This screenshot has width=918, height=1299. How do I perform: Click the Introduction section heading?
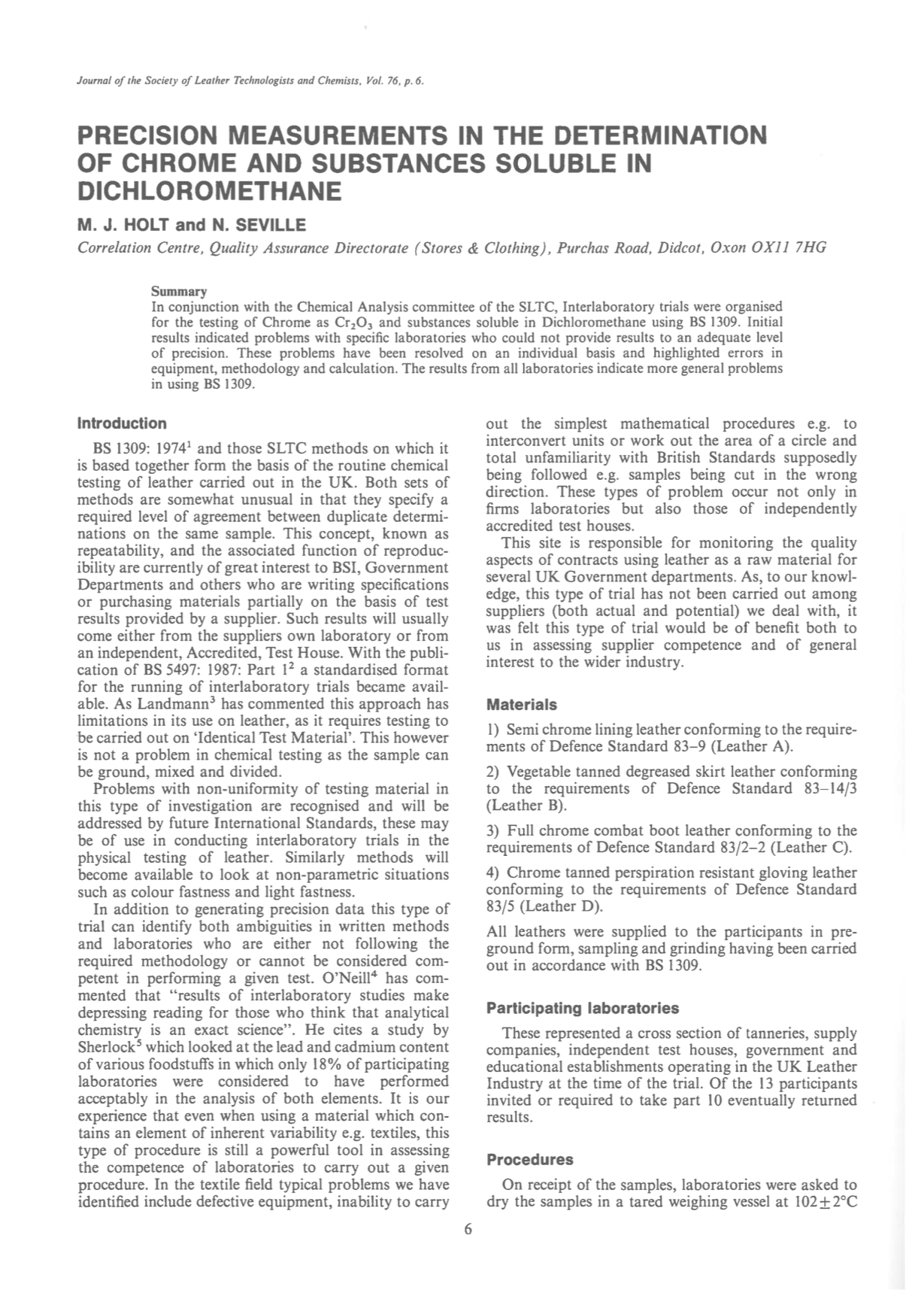pyautogui.click(x=122, y=423)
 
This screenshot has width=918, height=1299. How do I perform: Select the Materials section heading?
pyautogui.click(x=521, y=705)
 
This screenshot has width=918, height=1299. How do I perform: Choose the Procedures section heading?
pyautogui.click(x=529, y=1159)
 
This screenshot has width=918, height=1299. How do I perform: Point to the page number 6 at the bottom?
pyautogui.click(x=468, y=1229)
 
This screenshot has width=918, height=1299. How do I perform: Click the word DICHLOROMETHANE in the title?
pyautogui.click(x=210, y=191)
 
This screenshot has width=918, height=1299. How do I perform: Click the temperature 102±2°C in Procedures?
pyautogui.click(x=825, y=1202)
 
